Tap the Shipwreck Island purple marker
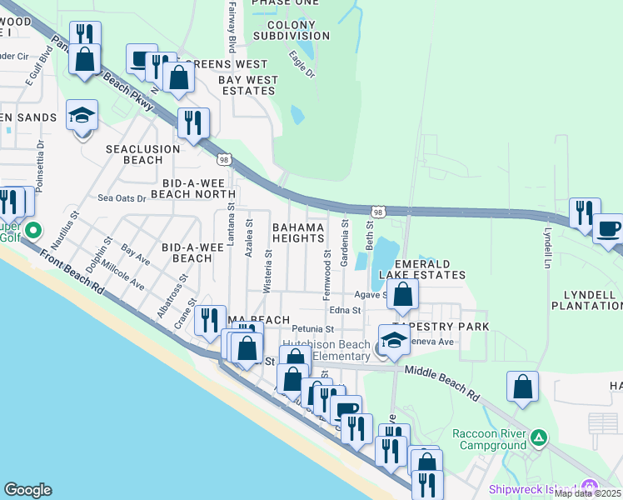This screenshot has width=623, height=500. (591, 487)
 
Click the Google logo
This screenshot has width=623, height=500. (27, 490)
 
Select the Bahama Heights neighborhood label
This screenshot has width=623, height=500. (297, 232)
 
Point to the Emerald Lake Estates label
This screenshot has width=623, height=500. (422, 274)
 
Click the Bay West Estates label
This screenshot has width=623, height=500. (248, 85)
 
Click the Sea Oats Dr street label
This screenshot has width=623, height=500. (122, 198)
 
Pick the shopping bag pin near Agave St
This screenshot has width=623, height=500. (402, 294)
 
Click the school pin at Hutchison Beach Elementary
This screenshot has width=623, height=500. (394, 339)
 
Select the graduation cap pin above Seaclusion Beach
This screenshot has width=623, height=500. (82, 115)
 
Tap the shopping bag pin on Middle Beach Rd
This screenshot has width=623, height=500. (522, 387)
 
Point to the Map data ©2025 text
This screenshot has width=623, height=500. (587, 493)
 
